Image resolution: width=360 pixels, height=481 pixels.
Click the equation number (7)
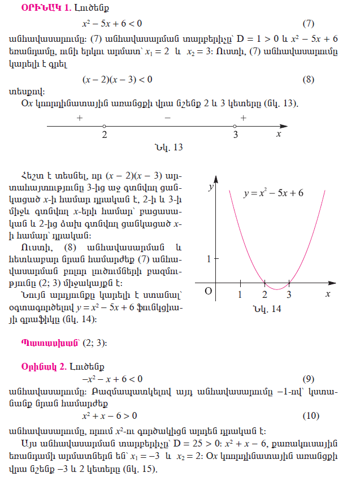pyautogui.click(x=307, y=24)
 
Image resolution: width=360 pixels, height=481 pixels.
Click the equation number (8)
pyautogui.click(x=307, y=79)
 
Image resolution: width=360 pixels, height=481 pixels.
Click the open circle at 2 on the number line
pyautogui.click(x=105, y=125)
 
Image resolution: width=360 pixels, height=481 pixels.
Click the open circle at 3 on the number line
pyautogui.click(x=235, y=125)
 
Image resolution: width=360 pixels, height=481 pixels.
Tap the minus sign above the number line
pyautogui.click(x=167, y=118)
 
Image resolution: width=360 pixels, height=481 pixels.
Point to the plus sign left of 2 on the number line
pyautogui.click(x=80, y=118)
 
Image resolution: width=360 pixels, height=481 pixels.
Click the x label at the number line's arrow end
pyautogui.click(x=278, y=134)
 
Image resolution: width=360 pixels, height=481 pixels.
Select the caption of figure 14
pyautogui.click(x=267, y=309)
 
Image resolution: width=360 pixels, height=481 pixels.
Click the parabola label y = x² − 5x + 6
pyautogui.click(x=274, y=193)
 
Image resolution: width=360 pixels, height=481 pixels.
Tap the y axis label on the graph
pyautogui.click(x=211, y=185)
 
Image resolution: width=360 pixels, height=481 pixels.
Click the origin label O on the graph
pyautogui.click(x=207, y=291)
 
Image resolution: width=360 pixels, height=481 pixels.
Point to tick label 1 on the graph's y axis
pyautogui.click(x=209, y=259)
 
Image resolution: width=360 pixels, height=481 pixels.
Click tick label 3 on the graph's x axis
pyautogui.click(x=289, y=294)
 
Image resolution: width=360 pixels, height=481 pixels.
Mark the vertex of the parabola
pyautogui.click(x=277, y=289)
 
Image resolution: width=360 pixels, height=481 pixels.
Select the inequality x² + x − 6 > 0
pyautogui.click(x=110, y=415)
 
